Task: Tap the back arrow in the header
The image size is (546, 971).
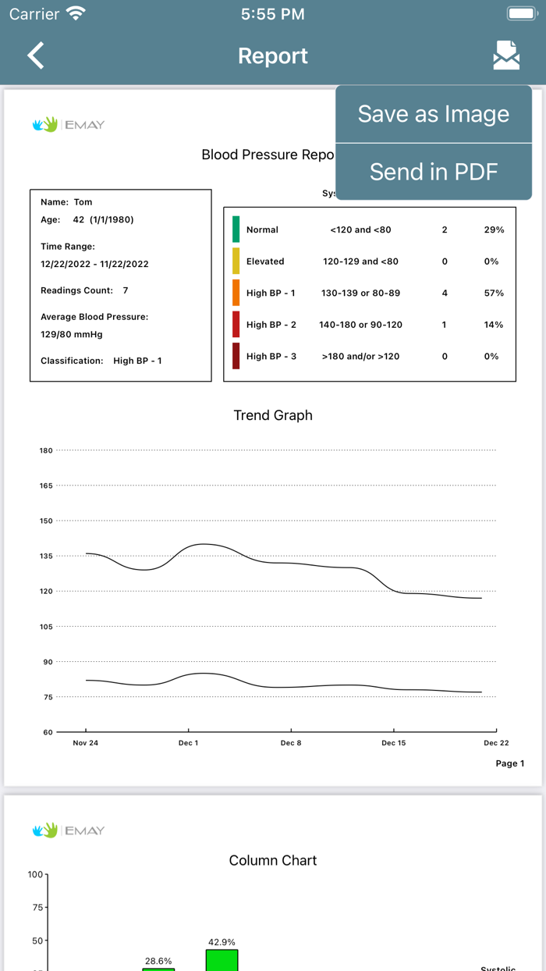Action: click(x=36, y=56)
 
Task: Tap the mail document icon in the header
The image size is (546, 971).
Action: click(x=506, y=55)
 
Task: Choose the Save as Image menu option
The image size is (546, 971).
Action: click(x=433, y=114)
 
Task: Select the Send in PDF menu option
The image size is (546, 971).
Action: click(x=433, y=172)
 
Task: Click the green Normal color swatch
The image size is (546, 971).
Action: click(x=236, y=229)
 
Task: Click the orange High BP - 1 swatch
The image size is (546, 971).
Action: click(x=236, y=293)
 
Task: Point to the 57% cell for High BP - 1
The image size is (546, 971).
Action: click(x=494, y=293)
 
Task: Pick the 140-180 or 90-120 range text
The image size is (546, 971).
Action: click(x=360, y=325)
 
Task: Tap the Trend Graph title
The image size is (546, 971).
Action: click(x=273, y=415)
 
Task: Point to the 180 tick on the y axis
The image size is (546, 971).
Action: click(x=46, y=450)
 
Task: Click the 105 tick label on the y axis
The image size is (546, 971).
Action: click(x=46, y=627)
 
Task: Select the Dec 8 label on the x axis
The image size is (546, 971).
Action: click(x=291, y=743)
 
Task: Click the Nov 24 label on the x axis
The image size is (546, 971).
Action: click(x=86, y=743)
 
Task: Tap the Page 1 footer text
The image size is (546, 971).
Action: click(x=510, y=763)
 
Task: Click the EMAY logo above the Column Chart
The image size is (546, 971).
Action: click(x=69, y=831)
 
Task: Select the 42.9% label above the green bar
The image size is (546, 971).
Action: click(x=222, y=942)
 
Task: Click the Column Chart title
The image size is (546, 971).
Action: click(x=273, y=860)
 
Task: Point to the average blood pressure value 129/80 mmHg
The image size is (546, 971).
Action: click(x=72, y=334)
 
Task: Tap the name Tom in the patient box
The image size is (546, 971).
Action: click(x=83, y=202)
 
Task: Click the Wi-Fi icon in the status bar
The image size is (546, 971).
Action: click(x=76, y=14)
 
